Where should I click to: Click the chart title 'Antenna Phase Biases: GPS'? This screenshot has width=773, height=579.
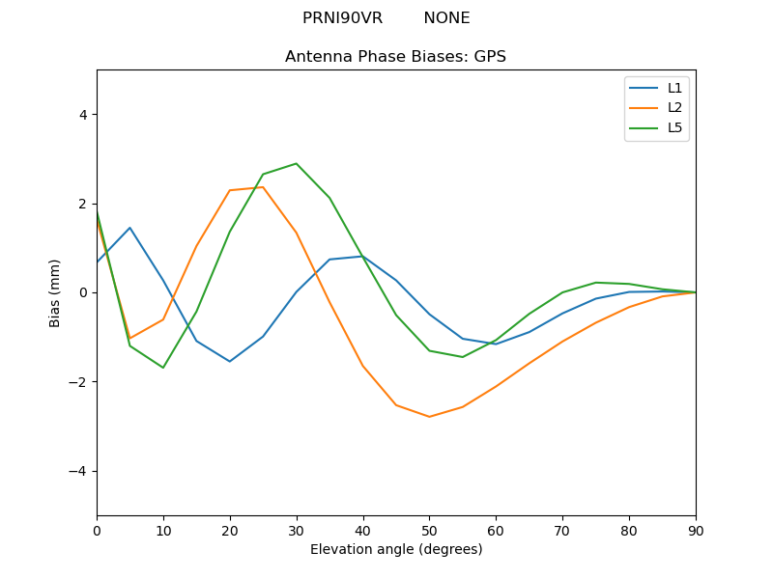395,57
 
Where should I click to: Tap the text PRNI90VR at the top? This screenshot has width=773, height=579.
342,18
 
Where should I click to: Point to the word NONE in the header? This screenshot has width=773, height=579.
446,18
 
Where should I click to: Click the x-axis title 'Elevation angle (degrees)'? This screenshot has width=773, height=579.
395,549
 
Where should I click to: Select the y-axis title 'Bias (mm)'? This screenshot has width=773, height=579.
55,292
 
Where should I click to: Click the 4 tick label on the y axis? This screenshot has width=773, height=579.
82,115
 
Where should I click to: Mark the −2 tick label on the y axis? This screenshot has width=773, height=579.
78,382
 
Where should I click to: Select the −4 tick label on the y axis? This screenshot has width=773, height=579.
78,471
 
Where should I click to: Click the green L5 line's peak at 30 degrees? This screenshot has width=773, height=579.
297,163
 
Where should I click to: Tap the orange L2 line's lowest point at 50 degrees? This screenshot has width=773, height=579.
429,417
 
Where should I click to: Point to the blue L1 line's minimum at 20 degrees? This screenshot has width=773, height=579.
230,362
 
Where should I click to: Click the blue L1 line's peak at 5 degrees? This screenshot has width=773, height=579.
129,228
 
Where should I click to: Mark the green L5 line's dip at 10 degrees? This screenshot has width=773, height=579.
163,368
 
